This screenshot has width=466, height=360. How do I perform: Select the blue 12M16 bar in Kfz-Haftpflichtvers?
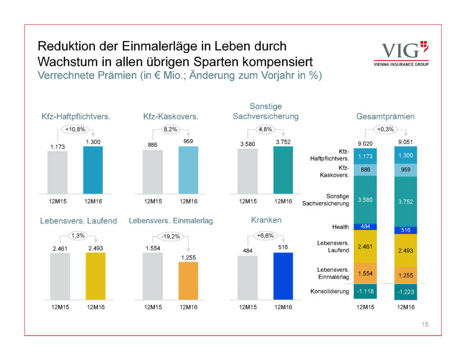coord(93,171)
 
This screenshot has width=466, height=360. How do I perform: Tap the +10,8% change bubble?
coord(76,129)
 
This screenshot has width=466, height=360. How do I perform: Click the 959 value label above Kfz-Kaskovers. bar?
coord(188,141)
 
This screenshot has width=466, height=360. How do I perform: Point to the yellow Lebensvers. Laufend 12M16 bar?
coord(95,276)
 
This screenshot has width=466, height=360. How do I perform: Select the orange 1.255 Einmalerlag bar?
coord(188,281)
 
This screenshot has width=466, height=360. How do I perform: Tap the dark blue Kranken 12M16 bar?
coord(283,276)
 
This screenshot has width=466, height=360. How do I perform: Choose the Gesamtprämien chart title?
coord(385,117)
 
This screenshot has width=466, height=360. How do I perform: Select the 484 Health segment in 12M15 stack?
coord(365,226)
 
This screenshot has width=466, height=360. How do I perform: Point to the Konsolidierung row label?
coord(329,291)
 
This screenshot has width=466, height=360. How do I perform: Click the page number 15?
coord(425,325)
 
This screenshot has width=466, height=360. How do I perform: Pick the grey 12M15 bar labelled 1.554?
coord(152,276)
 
